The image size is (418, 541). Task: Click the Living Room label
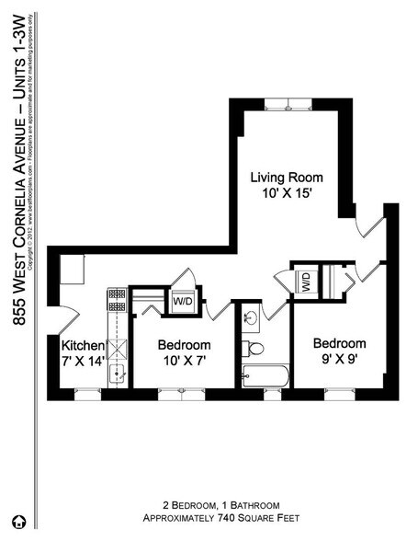tap(288, 178)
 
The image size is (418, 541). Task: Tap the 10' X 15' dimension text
tap(288, 194)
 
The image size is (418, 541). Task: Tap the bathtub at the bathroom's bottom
tap(265, 375)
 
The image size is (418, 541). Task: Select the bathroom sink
tap(250, 319)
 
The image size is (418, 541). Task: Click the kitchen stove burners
tap(117, 300)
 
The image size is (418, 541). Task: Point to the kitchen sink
tap(117, 373)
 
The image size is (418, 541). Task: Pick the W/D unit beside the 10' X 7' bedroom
tap(183, 300)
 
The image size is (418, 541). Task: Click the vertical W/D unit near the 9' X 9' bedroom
tap(305, 282)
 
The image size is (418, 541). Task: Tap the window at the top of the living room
tap(288, 102)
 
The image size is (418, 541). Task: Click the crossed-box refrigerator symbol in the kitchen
tap(117, 347)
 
